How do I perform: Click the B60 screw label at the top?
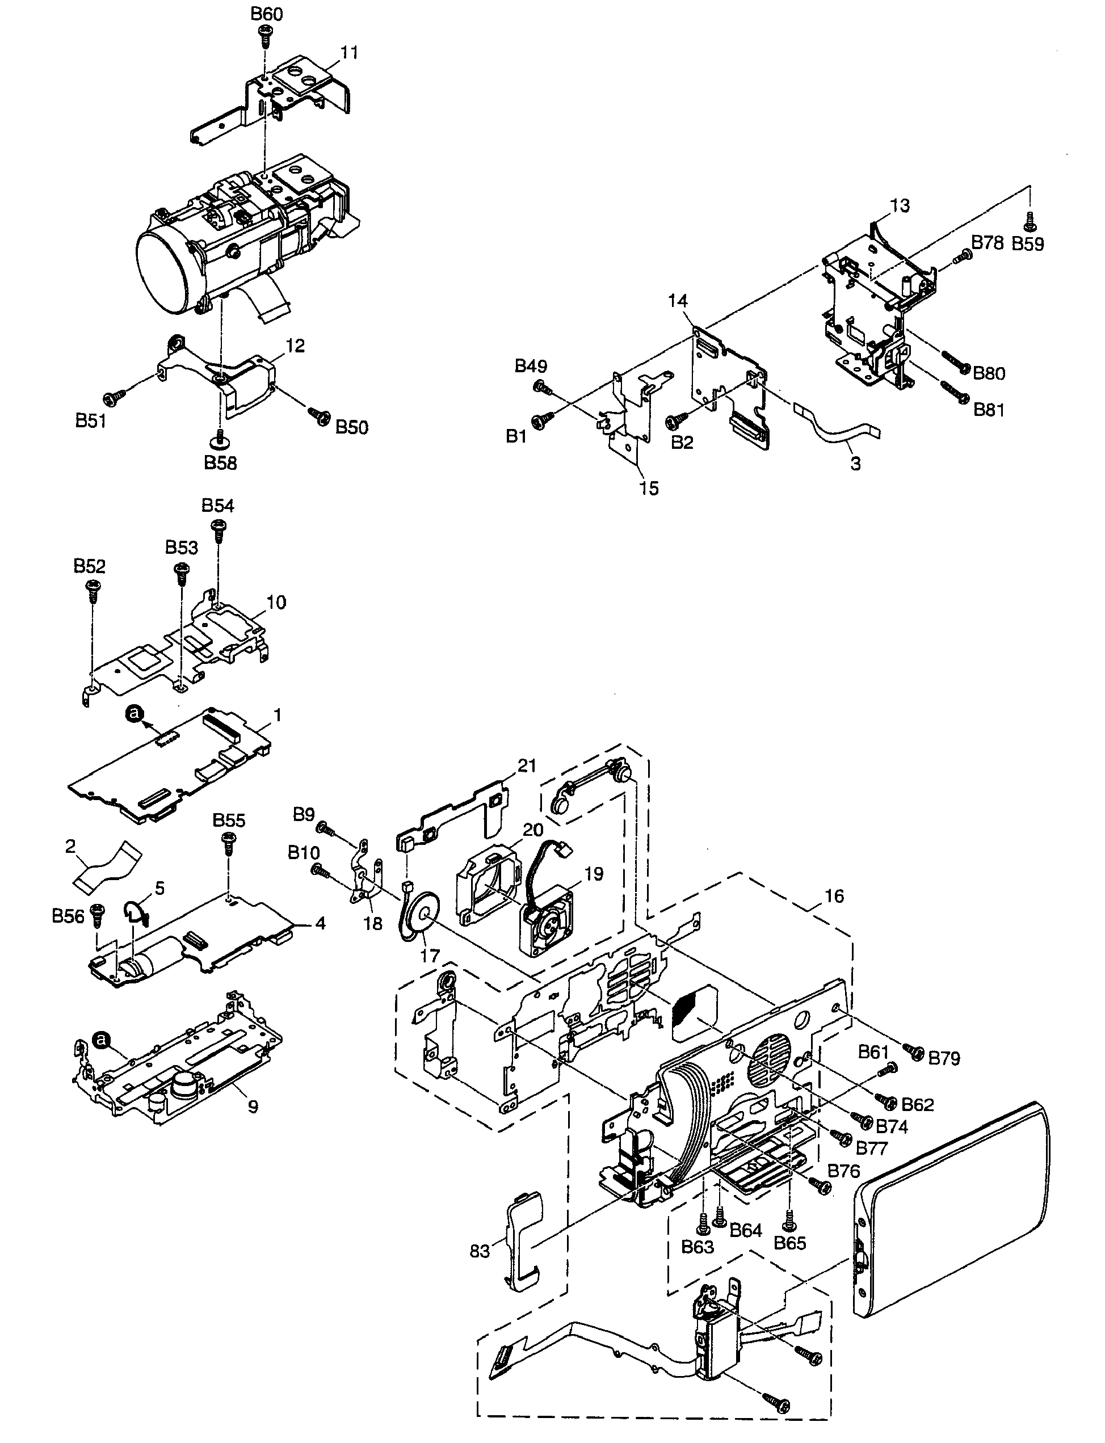(266, 14)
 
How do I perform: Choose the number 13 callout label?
(899, 206)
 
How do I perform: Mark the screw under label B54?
(219, 528)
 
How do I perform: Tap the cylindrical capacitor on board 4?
(160, 960)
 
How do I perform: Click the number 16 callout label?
(833, 896)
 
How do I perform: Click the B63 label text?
(697, 1247)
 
